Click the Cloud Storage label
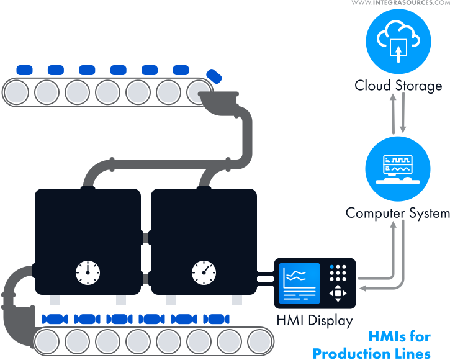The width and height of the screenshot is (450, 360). point(398,85)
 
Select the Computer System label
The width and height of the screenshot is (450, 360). point(397,214)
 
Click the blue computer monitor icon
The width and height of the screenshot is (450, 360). point(398,166)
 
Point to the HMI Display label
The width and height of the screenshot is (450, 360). point(315,322)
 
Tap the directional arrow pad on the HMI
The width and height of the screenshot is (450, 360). point(338,294)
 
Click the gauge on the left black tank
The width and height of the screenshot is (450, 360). point(88,271)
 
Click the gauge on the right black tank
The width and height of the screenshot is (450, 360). point(204,271)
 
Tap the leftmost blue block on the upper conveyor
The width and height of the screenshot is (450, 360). point(25,70)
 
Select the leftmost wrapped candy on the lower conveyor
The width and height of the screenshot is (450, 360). point(55,319)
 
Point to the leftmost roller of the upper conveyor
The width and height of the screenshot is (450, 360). point(17,92)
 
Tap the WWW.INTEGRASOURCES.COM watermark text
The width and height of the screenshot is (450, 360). point(400,3)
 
